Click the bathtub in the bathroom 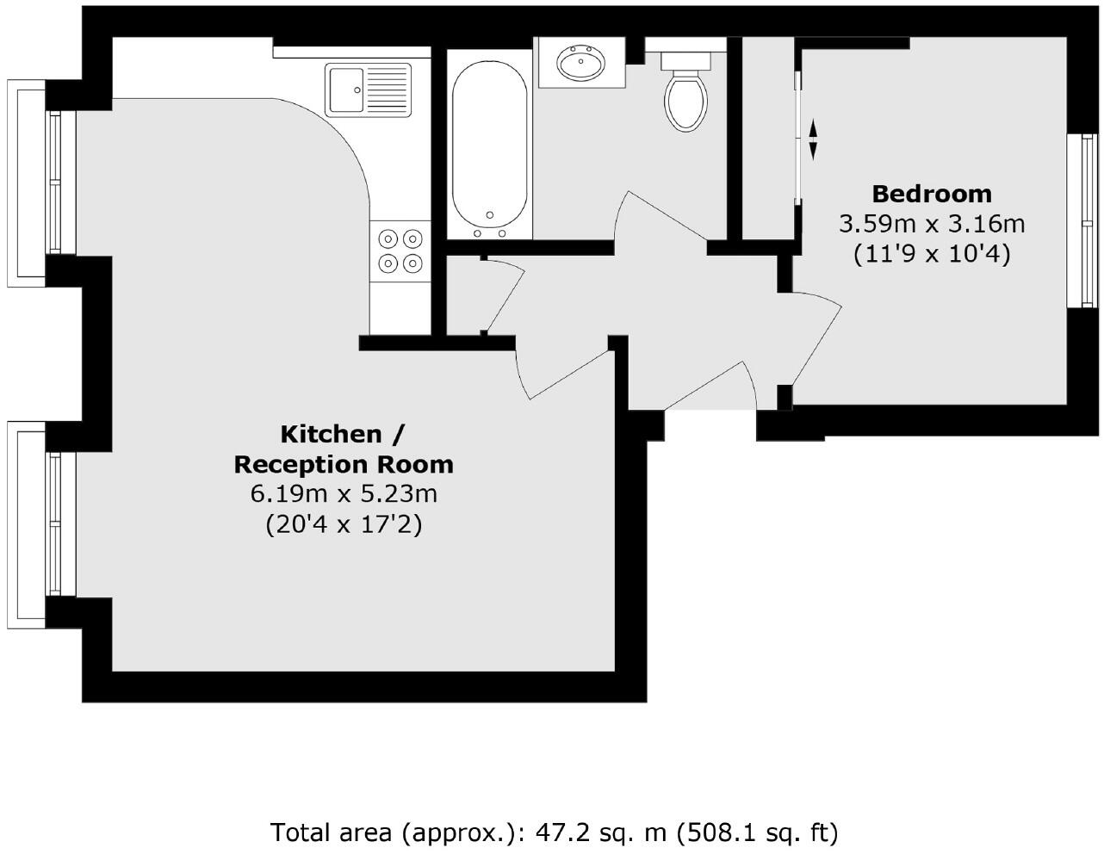489,142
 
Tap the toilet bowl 686,102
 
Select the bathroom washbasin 580,63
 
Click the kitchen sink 369,90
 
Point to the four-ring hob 400,250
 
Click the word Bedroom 932,194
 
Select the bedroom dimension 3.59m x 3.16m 932,225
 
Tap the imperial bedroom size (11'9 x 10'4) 932,255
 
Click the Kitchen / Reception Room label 344,449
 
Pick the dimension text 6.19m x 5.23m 344,494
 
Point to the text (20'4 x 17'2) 344,524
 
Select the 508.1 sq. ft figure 758,832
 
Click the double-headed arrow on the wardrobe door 813,139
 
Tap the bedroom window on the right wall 1083,220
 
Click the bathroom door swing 659,220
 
